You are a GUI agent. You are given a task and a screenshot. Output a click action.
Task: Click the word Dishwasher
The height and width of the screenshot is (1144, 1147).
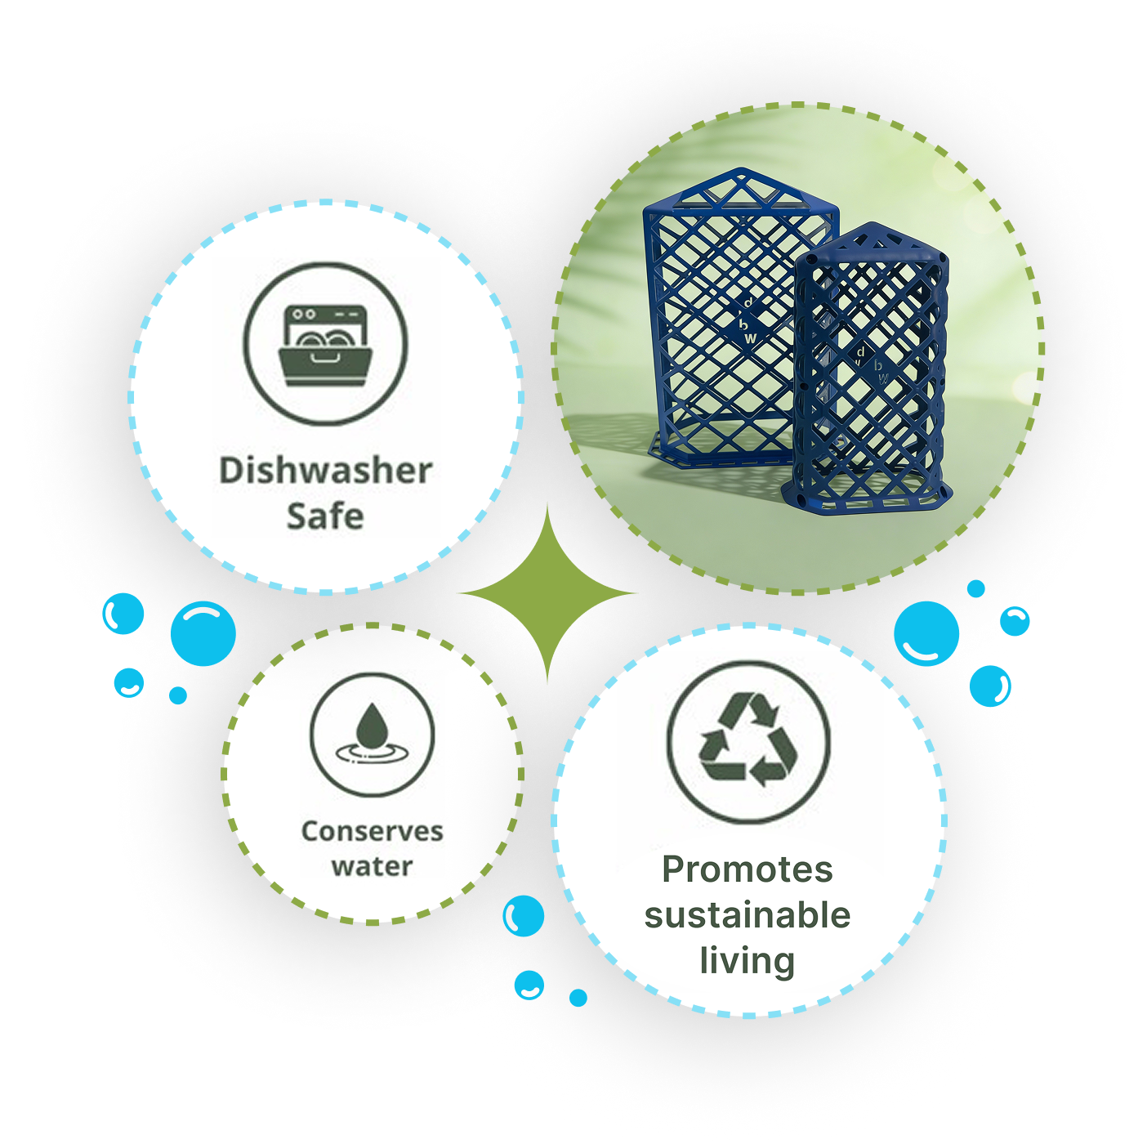point(325,471)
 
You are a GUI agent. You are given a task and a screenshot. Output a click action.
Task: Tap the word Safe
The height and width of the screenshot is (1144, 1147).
point(325,516)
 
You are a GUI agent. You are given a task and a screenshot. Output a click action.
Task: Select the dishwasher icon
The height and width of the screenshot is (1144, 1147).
point(325,345)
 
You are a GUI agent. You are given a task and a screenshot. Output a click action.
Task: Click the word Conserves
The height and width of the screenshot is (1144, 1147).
point(372,831)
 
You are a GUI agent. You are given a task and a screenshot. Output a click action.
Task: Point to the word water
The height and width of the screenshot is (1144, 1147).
point(372,866)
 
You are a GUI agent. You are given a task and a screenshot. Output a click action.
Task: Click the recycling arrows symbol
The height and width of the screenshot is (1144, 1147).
point(748,741)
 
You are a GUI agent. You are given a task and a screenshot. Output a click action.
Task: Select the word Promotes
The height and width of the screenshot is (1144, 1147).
point(748,869)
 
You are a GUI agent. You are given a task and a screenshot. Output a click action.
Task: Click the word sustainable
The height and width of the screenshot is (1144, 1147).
point(748,915)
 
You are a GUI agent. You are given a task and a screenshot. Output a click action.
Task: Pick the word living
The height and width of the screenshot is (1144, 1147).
point(748,961)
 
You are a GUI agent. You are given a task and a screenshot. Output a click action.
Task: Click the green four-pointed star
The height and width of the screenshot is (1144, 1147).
point(547,593)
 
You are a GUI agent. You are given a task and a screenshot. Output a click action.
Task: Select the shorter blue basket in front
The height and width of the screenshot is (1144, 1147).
point(870,376)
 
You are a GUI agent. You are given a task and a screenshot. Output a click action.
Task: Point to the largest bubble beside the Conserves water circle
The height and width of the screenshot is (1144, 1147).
point(203,633)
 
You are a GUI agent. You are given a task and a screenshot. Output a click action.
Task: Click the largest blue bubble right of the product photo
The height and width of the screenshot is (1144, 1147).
point(926,633)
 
